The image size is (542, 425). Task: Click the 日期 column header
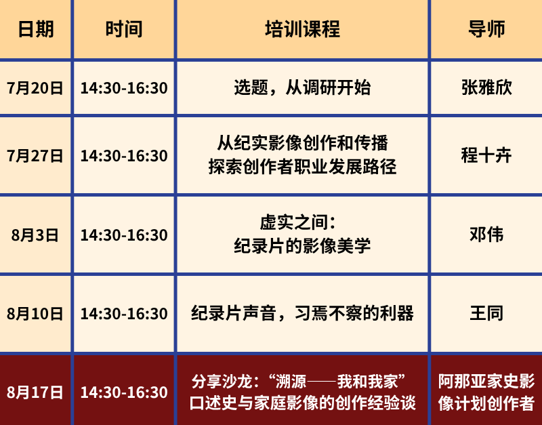(36, 29)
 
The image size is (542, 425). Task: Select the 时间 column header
(124, 29)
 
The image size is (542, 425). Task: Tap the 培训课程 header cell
(302, 29)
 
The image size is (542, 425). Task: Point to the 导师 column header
(486, 29)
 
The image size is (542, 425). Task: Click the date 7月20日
(35, 88)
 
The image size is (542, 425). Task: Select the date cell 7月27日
(35, 156)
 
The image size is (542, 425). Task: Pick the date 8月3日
(35, 235)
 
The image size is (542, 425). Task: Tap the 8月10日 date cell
(35, 314)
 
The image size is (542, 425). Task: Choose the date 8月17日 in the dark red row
(35, 392)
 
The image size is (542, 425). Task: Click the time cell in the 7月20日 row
(124, 88)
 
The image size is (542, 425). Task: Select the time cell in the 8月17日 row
(124, 392)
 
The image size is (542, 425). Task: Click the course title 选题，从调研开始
(302, 87)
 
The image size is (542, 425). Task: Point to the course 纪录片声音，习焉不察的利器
(302, 313)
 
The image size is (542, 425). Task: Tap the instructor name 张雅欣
(486, 87)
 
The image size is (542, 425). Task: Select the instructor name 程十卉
(486, 155)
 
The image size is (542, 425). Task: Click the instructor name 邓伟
(486, 235)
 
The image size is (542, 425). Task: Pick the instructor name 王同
(486, 313)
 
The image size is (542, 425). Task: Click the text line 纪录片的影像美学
(302, 246)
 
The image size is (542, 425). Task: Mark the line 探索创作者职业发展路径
(302, 167)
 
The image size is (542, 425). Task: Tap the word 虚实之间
(294, 222)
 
